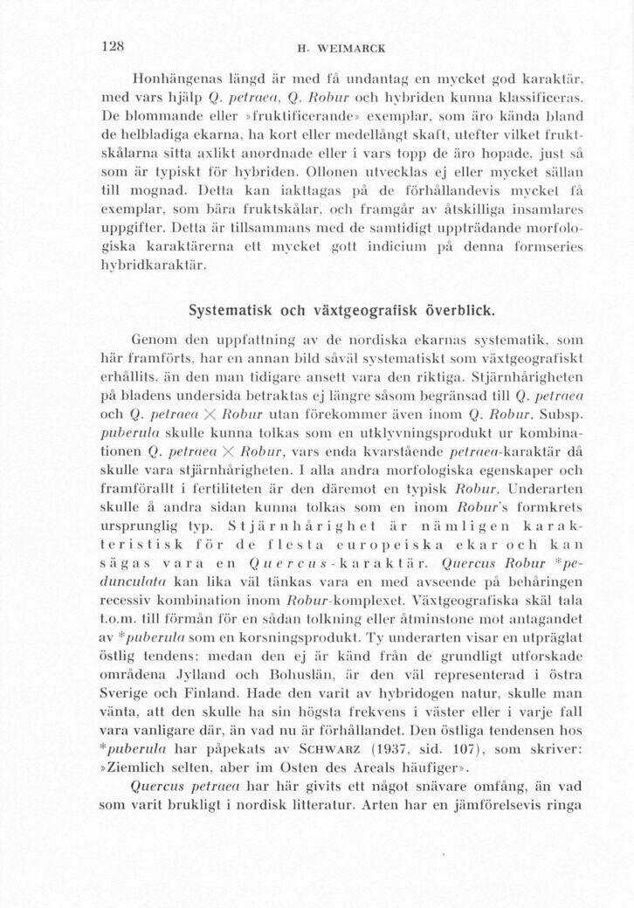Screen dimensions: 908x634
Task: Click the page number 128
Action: point(114,46)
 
